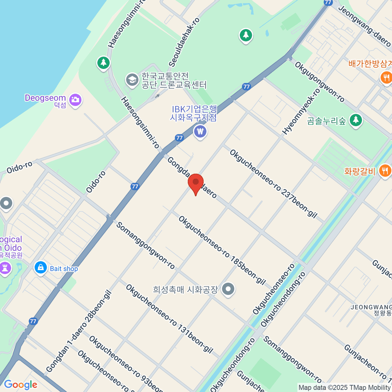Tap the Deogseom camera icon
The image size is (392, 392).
click(75, 100)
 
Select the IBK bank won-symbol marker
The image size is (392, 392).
click(200, 132)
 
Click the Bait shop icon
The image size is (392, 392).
click(41, 268)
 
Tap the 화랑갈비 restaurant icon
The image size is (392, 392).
click(385, 171)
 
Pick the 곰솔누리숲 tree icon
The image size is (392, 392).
click(356, 120)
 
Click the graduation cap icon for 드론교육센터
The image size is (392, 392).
click(132, 80)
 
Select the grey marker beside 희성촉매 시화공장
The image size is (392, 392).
click(228, 289)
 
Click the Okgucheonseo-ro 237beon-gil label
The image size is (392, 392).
click(273, 184)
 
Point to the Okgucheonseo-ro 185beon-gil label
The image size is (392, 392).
click(222, 250)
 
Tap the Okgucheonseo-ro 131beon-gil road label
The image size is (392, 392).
click(169, 319)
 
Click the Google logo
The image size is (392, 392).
click(20, 385)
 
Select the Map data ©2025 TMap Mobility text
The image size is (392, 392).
click(344, 388)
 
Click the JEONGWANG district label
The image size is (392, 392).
click(371, 307)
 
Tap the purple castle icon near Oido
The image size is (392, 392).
click(5, 269)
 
